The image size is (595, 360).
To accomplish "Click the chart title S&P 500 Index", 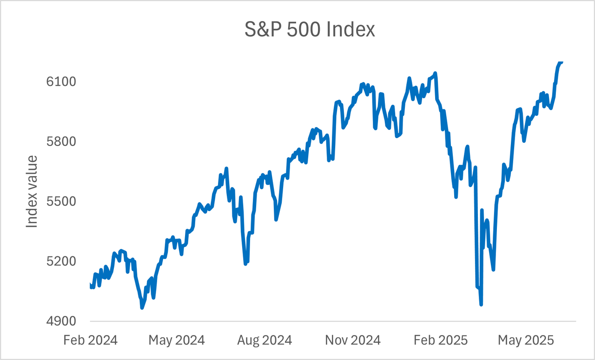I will pos(310,30).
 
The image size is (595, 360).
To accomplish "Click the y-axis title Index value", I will pos(32,192).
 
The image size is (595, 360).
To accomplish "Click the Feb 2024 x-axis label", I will pos(90,340).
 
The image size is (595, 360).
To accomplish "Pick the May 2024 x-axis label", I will pos(177,340).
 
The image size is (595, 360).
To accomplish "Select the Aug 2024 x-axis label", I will pos(264,340).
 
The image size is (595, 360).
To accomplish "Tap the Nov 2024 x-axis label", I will pos(352,340).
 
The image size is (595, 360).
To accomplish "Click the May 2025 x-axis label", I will pos(526,340).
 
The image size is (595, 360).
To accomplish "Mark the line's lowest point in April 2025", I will pos(481,305).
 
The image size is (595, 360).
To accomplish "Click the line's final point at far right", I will pos(562,61).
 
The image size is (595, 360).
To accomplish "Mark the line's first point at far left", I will pos(90,284).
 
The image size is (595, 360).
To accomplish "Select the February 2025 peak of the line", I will pos(435,73).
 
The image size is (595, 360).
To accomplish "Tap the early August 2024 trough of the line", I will pos(245,264).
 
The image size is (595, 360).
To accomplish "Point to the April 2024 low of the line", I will pos(142,307).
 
